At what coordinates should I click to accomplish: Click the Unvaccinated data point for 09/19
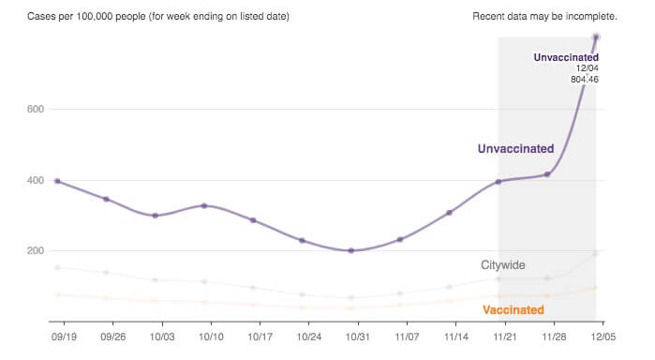(57, 181)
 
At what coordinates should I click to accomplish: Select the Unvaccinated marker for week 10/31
(351, 250)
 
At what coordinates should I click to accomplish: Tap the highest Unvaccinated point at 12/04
(596, 37)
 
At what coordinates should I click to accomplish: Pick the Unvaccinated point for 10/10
(204, 205)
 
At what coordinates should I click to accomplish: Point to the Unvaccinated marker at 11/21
(499, 181)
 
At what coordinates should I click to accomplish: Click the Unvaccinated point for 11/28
(547, 174)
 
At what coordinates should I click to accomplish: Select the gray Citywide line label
(503, 265)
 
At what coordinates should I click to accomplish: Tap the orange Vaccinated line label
(513, 309)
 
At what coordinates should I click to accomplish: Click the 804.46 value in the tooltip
(585, 80)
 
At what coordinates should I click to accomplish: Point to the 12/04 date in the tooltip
(588, 68)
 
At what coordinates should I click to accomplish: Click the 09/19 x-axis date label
(60, 334)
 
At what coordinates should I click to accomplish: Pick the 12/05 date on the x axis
(600, 334)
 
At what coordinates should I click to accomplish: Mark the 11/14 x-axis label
(456, 334)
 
